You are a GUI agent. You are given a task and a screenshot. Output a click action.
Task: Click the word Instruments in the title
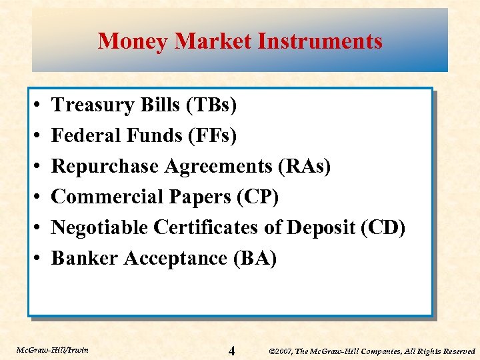[x=320, y=41]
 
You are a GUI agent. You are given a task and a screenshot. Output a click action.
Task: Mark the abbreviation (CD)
[x=383, y=227]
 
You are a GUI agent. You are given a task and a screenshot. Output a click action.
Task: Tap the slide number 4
[x=231, y=350]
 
